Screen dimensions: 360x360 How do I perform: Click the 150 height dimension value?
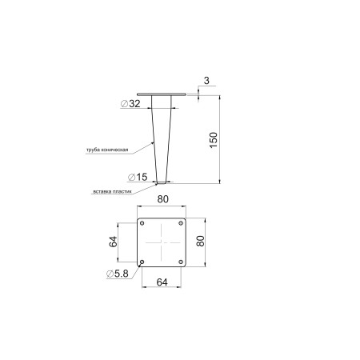214,140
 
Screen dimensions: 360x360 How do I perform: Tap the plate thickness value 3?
206,81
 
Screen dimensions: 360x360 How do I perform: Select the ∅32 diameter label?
130,104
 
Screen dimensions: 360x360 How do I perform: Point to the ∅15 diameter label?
138,177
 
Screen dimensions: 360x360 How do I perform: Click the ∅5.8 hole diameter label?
118,274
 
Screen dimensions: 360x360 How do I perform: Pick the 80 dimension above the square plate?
162,199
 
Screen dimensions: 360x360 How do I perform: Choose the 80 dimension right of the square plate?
200,241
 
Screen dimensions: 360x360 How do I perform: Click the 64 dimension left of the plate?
113,242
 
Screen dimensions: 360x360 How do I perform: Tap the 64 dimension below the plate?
162,282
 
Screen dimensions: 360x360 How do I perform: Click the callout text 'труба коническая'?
107,150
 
